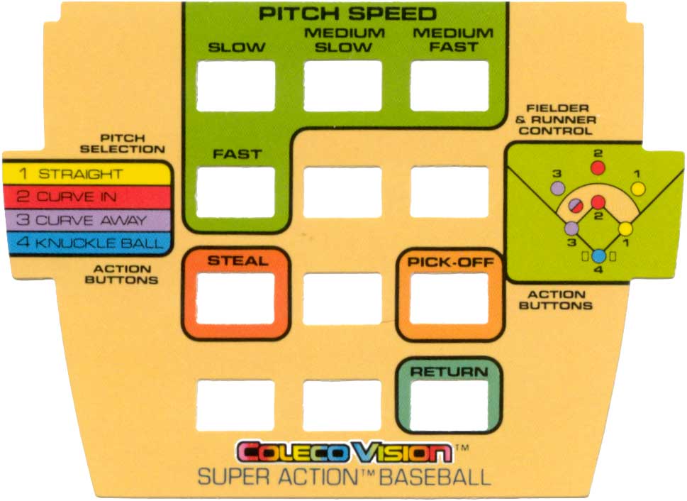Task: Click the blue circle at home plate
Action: (599, 255)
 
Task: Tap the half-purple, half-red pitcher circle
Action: (576, 205)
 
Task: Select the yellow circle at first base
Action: (625, 229)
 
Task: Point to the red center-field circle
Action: (598, 167)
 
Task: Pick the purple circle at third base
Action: (571, 228)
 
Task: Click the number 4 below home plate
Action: (598, 270)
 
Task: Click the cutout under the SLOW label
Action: (235, 86)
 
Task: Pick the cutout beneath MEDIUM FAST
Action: (449, 86)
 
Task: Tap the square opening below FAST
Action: (235, 192)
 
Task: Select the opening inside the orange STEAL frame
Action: (235, 299)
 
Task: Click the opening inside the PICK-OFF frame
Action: (449, 299)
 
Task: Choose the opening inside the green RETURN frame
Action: (449, 406)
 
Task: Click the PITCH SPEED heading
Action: (347, 13)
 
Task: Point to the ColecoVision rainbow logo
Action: (345, 452)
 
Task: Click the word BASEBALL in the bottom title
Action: (435, 478)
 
